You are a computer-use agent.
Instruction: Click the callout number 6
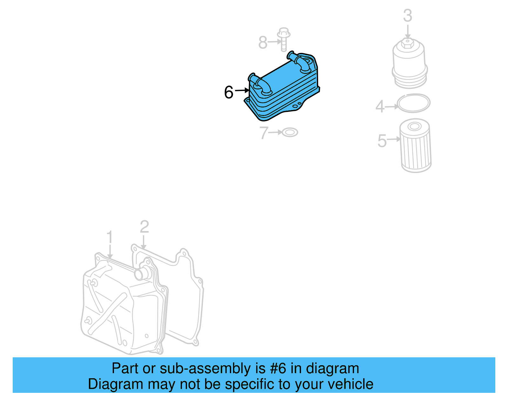tap(229, 92)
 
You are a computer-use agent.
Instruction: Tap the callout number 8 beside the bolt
tap(263, 42)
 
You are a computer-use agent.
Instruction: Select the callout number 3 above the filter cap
tap(408, 16)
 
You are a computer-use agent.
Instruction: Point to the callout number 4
tap(380, 107)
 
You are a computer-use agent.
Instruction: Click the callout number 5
tap(382, 140)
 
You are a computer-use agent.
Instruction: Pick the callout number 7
tap(264, 133)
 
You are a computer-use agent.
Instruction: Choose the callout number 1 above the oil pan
tap(110, 237)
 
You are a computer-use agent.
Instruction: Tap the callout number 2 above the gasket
tap(144, 227)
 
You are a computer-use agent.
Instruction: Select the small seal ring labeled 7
tap(290, 132)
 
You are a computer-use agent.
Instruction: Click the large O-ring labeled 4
tap(413, 103)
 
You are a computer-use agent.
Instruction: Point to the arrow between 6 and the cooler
tap(242, 91)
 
